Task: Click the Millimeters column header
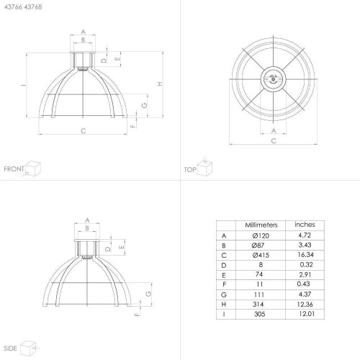[261, 225]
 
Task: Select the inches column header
[305, 225]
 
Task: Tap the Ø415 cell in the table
[261, 255]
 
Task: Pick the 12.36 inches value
[305, 305]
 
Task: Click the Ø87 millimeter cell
[258, 246]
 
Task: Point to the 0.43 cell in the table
[303, 284]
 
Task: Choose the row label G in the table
[224, 294]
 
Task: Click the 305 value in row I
[259, 314]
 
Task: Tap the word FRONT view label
[14, 169]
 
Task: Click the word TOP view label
[190, 170]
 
